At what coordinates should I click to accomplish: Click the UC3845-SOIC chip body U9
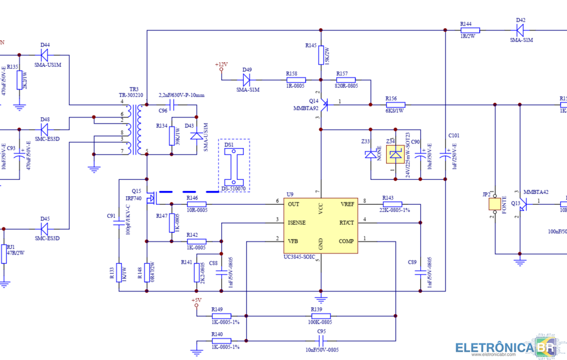(320, 224)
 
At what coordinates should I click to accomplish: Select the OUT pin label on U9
(293, 204)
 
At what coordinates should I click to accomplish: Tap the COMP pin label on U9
(346, 241)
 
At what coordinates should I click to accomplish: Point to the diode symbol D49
(247, 80)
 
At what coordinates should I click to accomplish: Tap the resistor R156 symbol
(395, 104)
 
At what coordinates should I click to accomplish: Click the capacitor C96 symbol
(173, 105)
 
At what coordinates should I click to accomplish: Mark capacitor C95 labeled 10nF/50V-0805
(321, 341)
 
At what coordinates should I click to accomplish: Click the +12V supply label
(221, 64)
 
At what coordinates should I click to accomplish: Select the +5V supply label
(196, 299)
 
